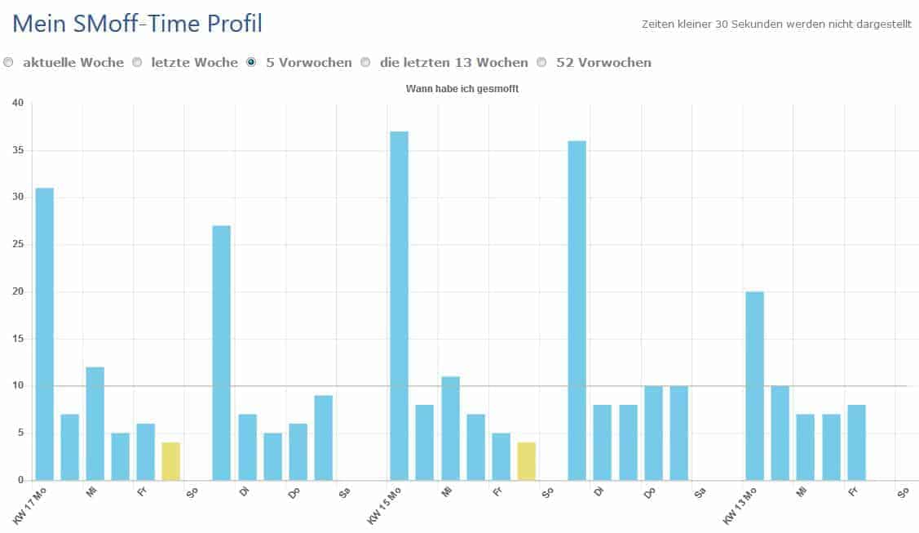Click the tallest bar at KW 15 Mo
pos(399,305)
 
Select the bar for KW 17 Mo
pos(44,334)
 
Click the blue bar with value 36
pos(577,310)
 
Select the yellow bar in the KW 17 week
pos(170,461)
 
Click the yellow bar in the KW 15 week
pos(526,461)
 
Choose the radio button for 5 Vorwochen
pos(251,62)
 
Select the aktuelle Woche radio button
pos(8,62)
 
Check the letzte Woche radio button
pos(137,62)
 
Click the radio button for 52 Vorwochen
pos(541,62)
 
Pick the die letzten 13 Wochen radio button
pos(365,62)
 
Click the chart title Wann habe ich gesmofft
pos(462,89)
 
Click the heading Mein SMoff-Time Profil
pos(138,24)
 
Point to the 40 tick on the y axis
pos(18,103)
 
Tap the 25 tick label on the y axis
pos(18,244)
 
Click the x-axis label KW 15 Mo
pos(383,506)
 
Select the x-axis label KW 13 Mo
pos(740,506)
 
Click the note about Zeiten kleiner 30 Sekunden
pos(776,24)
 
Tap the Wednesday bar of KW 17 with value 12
pos(95,424)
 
